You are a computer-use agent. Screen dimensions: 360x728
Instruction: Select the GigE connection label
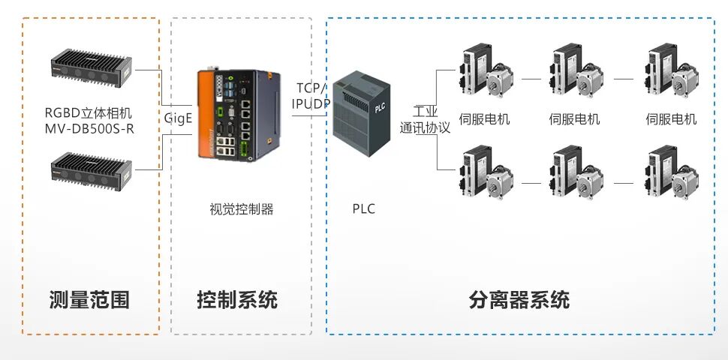(x=179, y=118)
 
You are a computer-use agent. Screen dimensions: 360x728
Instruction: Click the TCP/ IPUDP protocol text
(x=311, y=95)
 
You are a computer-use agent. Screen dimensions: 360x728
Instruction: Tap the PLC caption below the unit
(x=363, y=209)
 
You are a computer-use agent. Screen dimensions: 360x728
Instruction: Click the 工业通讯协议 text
(x=425, y=120)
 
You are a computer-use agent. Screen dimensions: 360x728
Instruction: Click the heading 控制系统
(x=237, y=300)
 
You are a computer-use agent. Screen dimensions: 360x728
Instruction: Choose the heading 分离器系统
(x=519, y=300)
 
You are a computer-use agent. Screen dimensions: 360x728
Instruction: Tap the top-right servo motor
(x=671, y=72)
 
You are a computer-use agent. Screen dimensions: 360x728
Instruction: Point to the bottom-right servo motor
(x=671, y=174)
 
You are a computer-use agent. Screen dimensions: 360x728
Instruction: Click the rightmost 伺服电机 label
(x=671, y=119)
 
